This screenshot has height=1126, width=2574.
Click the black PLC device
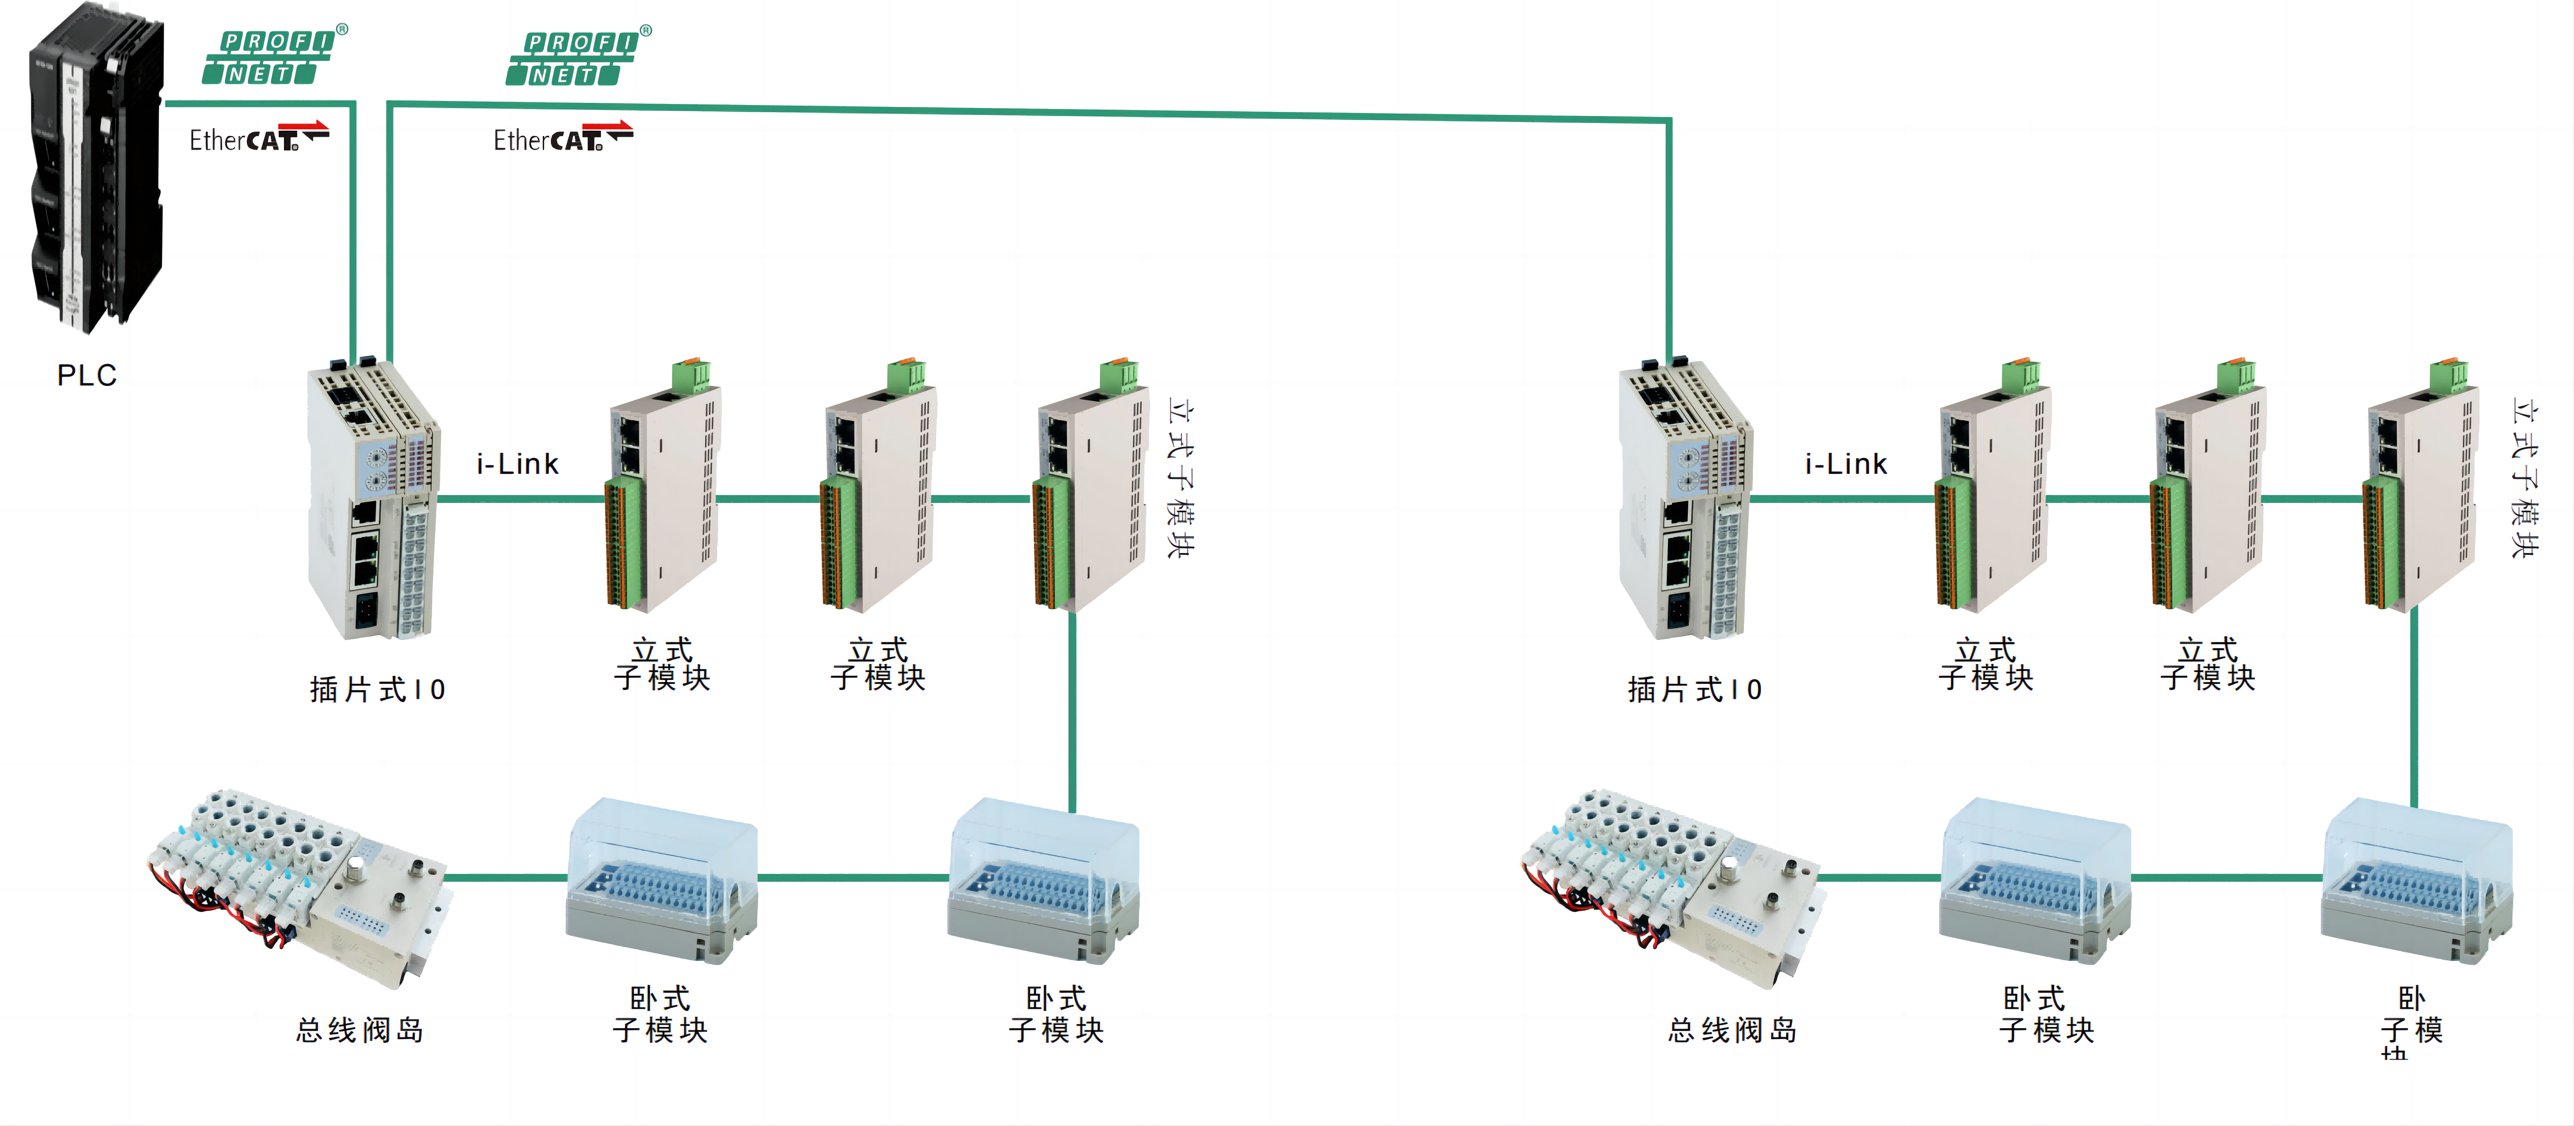[x=95, y=170]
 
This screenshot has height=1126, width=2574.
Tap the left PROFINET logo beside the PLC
[x=268, y=57]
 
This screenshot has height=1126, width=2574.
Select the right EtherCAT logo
[x=562, y=138]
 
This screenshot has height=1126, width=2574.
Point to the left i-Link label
[x=517, y=464]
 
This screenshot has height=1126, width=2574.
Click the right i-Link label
[x=1846, y=464]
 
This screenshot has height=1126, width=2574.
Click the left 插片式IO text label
[x=377, y=689]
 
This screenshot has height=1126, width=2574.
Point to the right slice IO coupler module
[x=1684, y=500]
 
